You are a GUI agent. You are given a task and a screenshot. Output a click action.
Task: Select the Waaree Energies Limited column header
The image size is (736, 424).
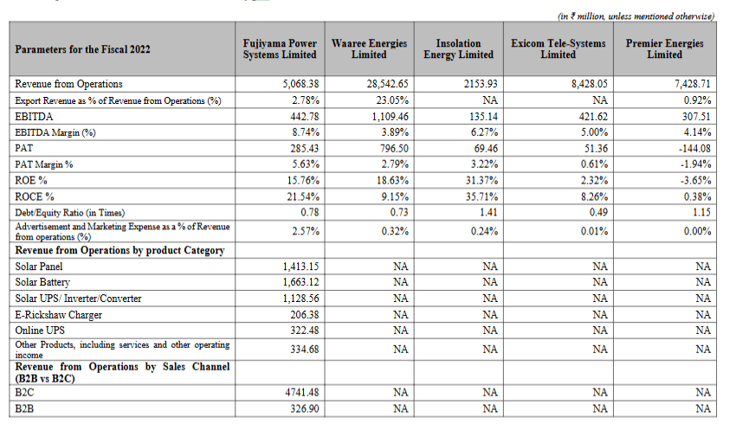[369, 48]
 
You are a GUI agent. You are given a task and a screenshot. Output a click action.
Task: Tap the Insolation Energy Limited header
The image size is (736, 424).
[458, 48]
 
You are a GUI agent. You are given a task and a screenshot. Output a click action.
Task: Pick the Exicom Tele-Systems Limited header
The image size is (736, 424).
[558, 48]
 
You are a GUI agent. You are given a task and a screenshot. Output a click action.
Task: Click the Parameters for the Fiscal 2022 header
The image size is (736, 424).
[83, 49]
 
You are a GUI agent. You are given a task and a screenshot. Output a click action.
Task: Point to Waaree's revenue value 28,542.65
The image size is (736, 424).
[384, 84]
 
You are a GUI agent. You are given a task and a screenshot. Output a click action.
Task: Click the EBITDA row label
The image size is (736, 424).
[31, 116]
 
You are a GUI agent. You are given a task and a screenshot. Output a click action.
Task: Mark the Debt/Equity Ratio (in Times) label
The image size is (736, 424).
[70, 213]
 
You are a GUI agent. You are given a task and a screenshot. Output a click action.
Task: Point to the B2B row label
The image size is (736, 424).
[24, 408]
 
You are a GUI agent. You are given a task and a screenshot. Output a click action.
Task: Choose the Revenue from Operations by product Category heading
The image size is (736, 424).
[119, 250]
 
